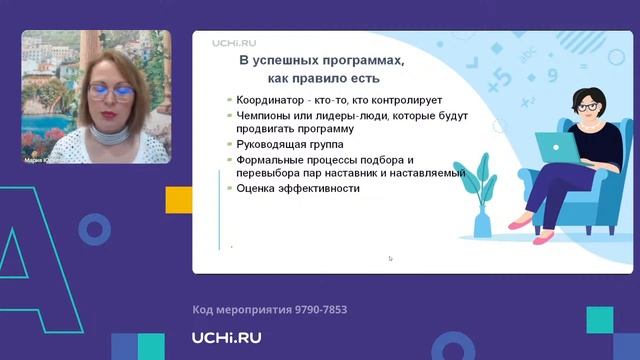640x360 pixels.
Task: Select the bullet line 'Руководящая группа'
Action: click(284, 143)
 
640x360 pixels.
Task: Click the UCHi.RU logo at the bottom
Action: click(227, 338)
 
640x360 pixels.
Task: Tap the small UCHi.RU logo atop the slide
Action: click(235, 43)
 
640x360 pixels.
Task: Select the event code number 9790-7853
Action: click(315, 310)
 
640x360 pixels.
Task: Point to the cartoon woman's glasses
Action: click(588, 105)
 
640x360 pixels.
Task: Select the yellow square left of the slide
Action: click(179, 198)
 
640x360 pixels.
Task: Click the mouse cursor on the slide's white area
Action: click(390, 258)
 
